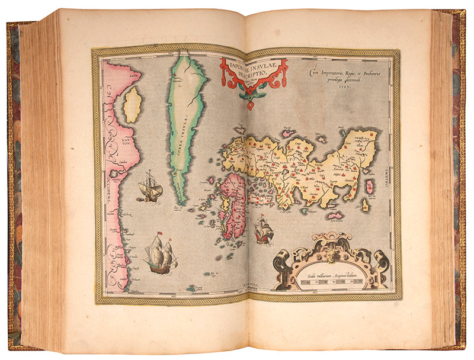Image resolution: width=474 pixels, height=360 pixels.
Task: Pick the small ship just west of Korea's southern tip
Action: click(x=150, y=188)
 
